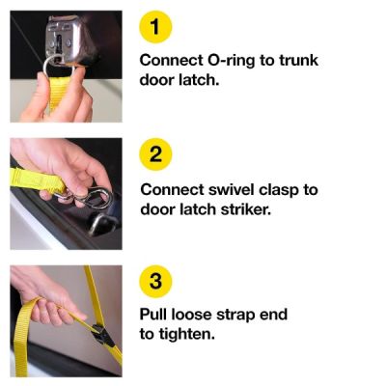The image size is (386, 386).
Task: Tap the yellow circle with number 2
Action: [157, 154]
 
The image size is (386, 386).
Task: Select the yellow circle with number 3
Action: [157, 281]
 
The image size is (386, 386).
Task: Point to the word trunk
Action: [298, 60]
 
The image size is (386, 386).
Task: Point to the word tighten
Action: [189, 334]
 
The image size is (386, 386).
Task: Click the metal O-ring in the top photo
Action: [59, 66]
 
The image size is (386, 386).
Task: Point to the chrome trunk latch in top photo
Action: [72, 37]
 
